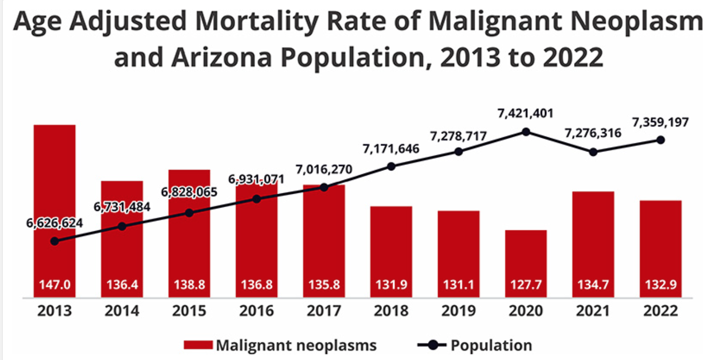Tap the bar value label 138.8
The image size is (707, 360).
[189, 285]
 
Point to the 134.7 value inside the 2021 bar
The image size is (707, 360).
[593, 285]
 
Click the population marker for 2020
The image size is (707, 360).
[525, 132]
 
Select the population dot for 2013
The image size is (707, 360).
[55, 241]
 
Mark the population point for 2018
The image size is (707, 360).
[391, 166]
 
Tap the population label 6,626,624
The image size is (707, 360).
[55, 223]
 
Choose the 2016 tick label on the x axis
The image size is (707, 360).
[257, 311]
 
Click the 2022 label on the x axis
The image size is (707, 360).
[660, 311]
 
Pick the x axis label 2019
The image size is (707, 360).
[459, 311]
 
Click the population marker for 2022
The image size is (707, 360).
[660, 140]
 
